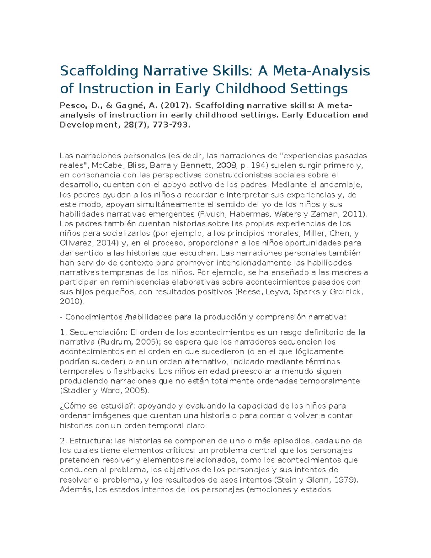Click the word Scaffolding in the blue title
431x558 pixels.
click(x=99, y=71)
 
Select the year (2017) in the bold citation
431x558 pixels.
click(x=176, y=106)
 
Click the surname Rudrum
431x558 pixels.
click(x=114, y=342)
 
